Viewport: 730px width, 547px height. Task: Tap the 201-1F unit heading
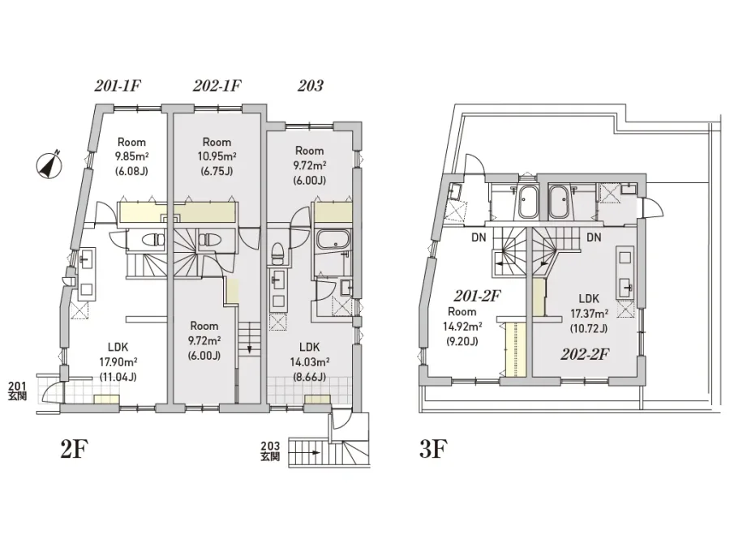click(x=118, y=86)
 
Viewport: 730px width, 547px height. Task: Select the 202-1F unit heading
click(x=217, y=86)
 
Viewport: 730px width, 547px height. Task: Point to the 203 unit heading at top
click(x=310, y=86)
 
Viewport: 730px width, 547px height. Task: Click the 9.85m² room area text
click(x=131, y=156)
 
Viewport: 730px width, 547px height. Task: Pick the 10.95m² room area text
click(x=217, y=156)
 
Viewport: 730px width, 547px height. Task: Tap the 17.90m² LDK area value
click(x=118, y=362)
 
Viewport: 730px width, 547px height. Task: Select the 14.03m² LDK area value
click(x=310, y=362)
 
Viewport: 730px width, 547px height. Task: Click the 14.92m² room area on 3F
click(x=462, y=327)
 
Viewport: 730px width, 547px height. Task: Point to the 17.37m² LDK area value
click(x=589, y=314)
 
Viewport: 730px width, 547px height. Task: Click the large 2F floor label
click(x=74, y=449)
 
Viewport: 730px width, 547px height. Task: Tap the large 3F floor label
click(x=433, y=449)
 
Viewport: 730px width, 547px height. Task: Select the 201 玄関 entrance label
click(x=17, y=391)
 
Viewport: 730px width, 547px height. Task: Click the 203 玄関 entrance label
click(x=270, y=451)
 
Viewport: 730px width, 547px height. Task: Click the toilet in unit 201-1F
click(x=153, y=240)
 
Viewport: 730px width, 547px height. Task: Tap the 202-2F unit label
click(x=585, y=355)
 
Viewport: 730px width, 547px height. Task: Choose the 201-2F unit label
click(x=477, y=296)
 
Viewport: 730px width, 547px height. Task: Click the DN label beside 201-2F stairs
click(x=479, y=237)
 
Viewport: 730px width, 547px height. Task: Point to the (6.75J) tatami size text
click(x=217, y=171)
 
